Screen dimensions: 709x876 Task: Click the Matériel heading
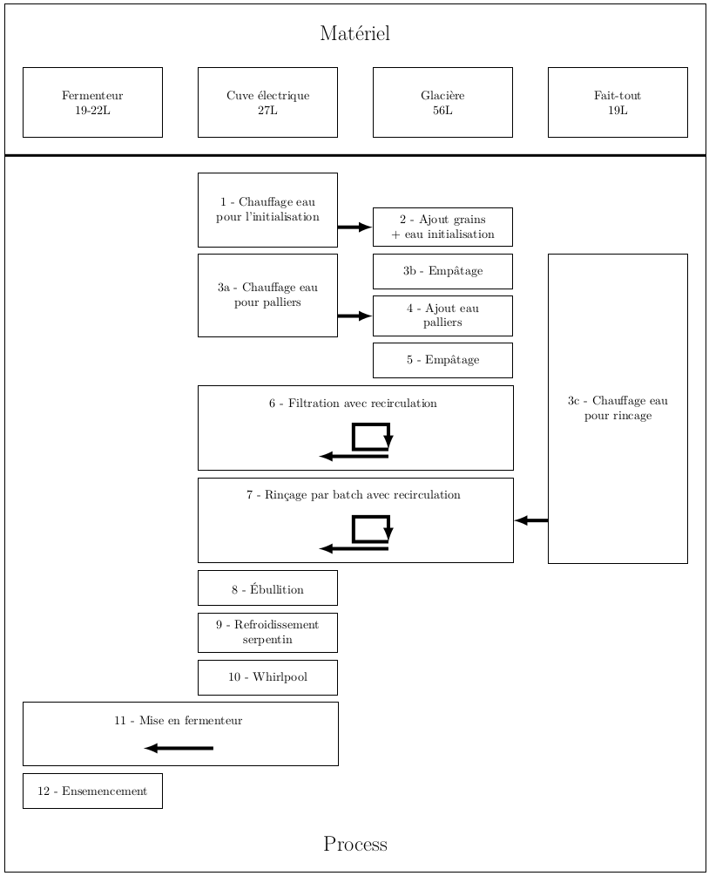pos(355,33)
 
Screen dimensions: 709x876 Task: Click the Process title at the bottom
pos(355,844)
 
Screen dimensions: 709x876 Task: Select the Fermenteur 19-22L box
pos(92,102)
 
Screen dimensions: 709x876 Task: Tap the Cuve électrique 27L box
pos(267,102)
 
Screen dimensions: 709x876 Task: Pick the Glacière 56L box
pos(442,102)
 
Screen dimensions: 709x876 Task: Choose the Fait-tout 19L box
pos(618,102)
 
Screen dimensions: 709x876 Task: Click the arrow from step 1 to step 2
pos(355,227)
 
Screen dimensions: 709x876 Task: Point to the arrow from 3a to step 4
pos(355,316)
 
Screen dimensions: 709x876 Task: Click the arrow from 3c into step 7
pos(531,520)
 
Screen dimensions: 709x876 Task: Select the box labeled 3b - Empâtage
pos(442,271)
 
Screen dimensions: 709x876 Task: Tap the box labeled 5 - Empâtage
pos(442,360)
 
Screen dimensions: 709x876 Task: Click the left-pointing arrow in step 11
pos(179,748)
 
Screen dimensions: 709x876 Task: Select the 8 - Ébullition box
pos(267,587)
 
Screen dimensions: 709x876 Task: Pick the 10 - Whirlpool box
pos(267,677)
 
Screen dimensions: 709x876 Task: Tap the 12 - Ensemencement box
pos(92,791)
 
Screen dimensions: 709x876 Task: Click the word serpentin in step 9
pos(267,640)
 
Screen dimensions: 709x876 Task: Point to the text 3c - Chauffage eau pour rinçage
pos(618,408)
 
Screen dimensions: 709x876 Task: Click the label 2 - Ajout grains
pos(442,220)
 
